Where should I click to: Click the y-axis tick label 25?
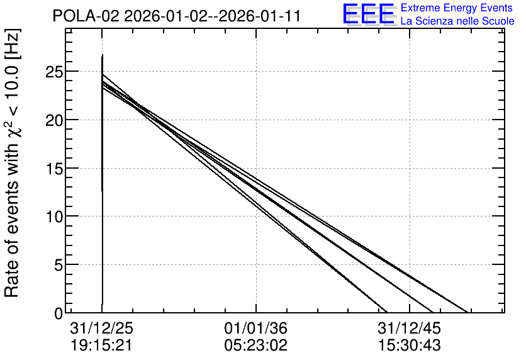point(53,72)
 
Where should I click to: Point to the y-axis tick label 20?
point(53,120)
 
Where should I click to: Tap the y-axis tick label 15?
point(53,169)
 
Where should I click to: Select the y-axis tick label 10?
point(53,217)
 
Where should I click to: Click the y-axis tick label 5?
point(59,265)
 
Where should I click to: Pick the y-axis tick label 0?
point(59,313)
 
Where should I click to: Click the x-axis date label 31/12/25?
point(102,329)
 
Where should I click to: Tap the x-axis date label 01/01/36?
point(256,329)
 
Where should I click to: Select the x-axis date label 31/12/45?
point(409,329)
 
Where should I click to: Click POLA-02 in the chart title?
point(86,16)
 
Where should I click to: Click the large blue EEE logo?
point(368,14)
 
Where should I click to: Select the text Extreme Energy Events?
point(457,8)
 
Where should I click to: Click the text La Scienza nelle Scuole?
point(457,21)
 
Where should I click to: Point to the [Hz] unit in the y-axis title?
point(13,44)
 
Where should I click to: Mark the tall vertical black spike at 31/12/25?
point(102,179)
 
